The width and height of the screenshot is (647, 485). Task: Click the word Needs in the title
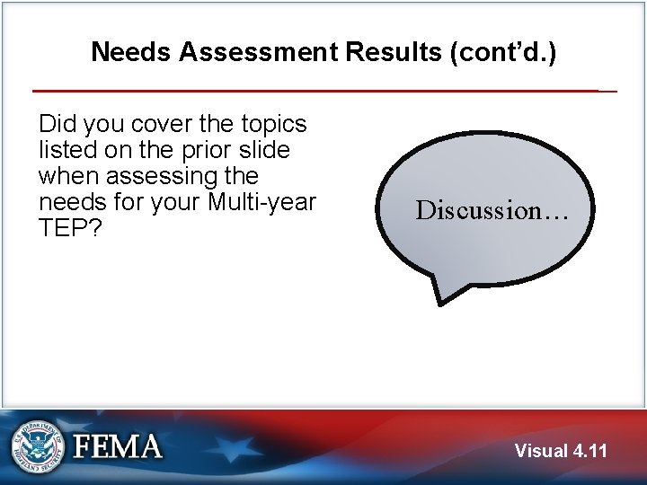coord(131,52)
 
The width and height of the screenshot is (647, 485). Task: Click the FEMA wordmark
coord(118,446)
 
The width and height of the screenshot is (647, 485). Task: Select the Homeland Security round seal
coord(38,446)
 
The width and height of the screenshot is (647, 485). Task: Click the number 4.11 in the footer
coord(589,451)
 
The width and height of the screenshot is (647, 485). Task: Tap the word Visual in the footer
coord(542,451)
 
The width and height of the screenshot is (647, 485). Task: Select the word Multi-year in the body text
coord(261,202)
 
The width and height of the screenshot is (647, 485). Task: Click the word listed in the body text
coord(66,150)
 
